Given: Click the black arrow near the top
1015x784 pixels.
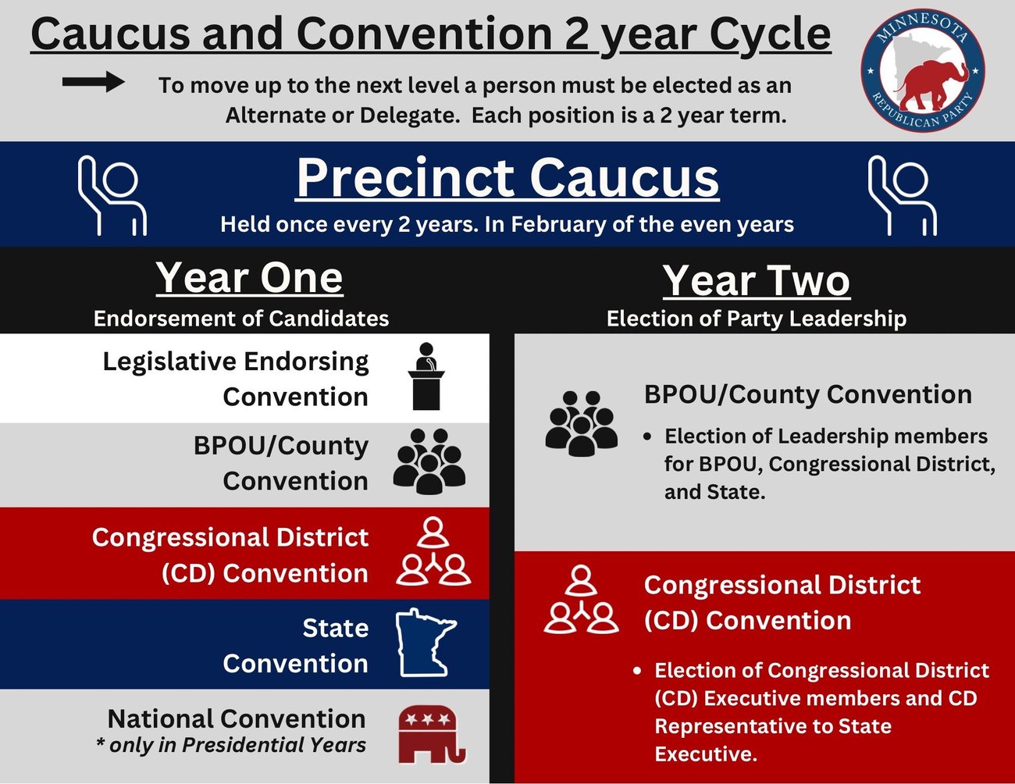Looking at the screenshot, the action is click(x=93, y=82).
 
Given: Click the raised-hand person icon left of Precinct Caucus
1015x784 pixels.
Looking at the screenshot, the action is click(x=112, y=195).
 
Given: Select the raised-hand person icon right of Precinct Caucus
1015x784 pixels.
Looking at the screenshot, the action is click(x=903, y=195).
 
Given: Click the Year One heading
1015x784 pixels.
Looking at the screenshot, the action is click(x=249, y=278).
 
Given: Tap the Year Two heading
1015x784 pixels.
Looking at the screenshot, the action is click(x=757, y=281).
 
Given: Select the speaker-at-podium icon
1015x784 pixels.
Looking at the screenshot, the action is click(x=426, y=376).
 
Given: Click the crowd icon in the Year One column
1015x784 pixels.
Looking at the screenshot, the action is click(x=429, y=461).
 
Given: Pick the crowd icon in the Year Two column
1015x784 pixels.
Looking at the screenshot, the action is click(x=582, y=423).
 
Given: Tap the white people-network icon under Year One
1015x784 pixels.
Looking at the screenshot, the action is click(x=433, y=551).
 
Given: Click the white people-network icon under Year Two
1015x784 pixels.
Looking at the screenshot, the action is click(x=582, y=599).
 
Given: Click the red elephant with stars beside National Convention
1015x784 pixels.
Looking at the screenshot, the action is click(x=432, y=735).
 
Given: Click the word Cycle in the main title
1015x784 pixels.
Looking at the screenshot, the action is click(x=771, y=35).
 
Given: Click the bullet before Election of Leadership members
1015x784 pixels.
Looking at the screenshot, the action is click(x=647, y=437).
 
